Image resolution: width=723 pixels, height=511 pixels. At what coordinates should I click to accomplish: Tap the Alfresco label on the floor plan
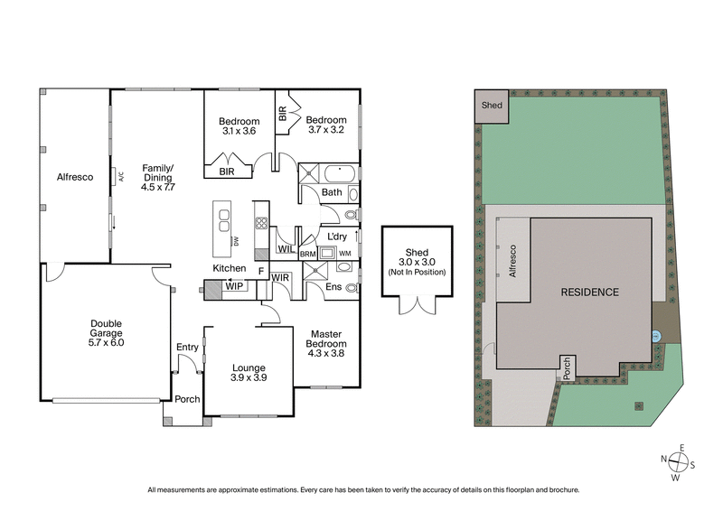(x=75, y=177)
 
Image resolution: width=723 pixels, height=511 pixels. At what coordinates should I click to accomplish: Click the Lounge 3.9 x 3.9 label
(x=248, y=373)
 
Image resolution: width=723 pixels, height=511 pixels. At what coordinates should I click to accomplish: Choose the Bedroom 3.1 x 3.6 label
(x=239, y=126)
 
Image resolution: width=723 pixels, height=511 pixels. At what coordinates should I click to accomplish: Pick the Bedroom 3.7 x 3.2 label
(x=325, y=125)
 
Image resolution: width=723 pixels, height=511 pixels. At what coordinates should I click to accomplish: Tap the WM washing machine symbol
(x=344, y=254)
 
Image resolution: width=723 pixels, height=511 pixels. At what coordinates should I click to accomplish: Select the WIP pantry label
(x=235, y=287)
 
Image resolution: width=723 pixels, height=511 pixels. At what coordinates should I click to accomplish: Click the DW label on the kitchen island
(x=235, y=241)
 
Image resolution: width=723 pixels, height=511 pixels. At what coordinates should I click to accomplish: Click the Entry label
(x=187, y=347)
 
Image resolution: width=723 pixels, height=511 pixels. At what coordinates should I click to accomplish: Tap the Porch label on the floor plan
(x=187, y=399)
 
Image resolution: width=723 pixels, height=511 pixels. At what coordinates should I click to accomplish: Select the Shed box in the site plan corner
(x=492, y=106)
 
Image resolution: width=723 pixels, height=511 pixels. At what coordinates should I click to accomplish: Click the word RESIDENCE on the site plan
(x=589, y=293)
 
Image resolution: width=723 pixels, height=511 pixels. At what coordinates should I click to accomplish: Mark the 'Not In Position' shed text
(x=417, y=272)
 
